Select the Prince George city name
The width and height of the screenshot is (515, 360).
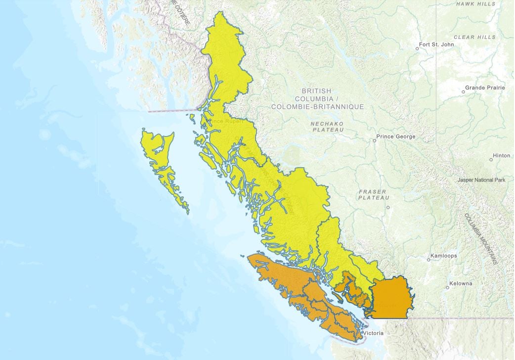[396, 136]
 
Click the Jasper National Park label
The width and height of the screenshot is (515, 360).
[481, 180]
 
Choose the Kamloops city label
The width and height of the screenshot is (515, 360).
[443, 256]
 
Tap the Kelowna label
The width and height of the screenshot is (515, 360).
[461, 283]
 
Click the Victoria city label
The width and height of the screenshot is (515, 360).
[373, 333]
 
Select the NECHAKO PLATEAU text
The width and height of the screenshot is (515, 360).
[327, 126]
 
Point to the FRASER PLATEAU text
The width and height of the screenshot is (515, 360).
[372, 194]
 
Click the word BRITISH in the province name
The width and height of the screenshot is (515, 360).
[316, 91]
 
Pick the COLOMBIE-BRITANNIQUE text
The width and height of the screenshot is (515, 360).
[317, 107]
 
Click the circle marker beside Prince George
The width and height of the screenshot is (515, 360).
[374, 140]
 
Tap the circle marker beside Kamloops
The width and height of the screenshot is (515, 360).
[429, 260]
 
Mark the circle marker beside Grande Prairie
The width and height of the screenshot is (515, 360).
[463, 91]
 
